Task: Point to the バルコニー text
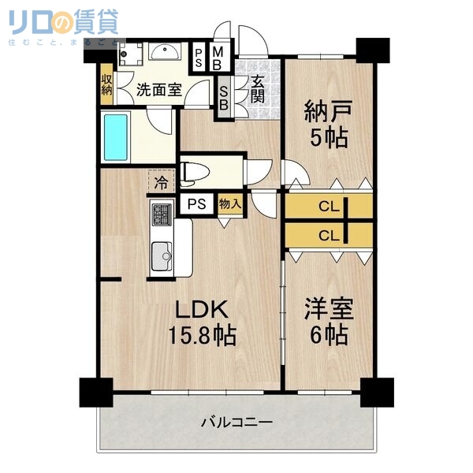pos(235,423)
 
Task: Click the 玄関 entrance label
pos(258,85)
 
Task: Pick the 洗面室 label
pos(159,89)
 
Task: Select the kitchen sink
pos(163,254)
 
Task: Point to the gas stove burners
pos(162,214)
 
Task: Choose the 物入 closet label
pos(229,204)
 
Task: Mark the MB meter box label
pos(218,58)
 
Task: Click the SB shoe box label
pos(223,97)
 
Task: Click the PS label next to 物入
pos(196,204)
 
